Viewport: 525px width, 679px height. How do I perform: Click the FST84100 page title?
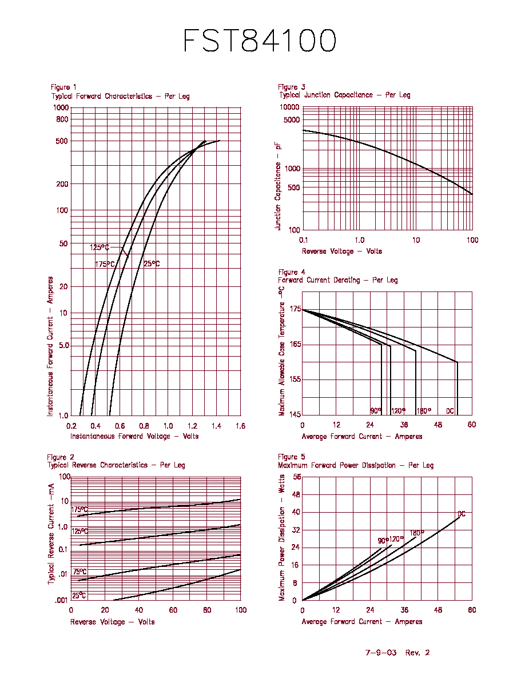260,40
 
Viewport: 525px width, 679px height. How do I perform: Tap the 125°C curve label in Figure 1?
100,247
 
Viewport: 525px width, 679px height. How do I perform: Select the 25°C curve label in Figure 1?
152,263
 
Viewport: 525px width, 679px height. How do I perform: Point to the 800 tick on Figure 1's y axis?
62,119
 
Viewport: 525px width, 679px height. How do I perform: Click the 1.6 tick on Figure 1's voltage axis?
240,426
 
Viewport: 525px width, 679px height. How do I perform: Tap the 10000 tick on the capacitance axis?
289,107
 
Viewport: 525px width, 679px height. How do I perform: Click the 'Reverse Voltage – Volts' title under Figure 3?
342,251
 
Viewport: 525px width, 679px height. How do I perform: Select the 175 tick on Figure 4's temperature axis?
296,309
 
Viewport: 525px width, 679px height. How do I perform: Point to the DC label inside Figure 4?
450,411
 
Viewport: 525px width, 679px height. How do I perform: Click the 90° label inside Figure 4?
376,410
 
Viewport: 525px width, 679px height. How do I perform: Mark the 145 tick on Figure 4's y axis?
296,414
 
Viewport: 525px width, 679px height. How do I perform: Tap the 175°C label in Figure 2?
79,510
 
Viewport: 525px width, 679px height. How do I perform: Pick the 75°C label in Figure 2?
79,572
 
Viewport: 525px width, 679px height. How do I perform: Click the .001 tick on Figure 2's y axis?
61,600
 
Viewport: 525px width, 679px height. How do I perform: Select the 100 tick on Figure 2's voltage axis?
241,610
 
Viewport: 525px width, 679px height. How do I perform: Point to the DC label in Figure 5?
462,514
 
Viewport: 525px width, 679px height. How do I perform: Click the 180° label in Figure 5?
417,533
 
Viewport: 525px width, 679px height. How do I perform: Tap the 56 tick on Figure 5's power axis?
297,477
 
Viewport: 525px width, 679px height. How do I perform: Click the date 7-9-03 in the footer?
381,653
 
